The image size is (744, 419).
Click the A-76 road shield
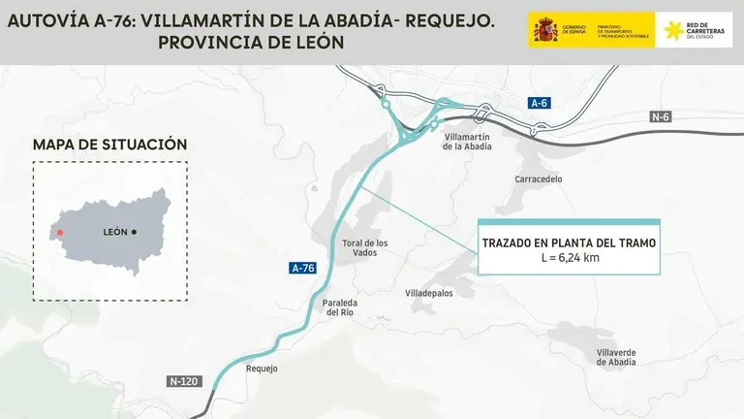pos(302,267)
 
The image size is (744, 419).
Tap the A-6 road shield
pos(539,102)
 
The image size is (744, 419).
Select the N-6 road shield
pos(661,116)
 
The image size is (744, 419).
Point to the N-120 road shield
pos(183,381)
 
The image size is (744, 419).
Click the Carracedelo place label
pos(540,179)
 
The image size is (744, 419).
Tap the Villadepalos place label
pos(428,292)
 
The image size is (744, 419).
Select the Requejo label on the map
pos(263,369)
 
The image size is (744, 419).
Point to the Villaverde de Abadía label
pos(616,356)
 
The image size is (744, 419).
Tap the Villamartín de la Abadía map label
pos(467,142)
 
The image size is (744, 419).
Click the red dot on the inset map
pos(60,233)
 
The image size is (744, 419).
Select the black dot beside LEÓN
pos(134,233)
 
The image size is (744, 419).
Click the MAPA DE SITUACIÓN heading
pos(109,145)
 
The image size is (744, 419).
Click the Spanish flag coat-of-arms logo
pos(544,30)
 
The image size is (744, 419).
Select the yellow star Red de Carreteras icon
pos(672,30)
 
